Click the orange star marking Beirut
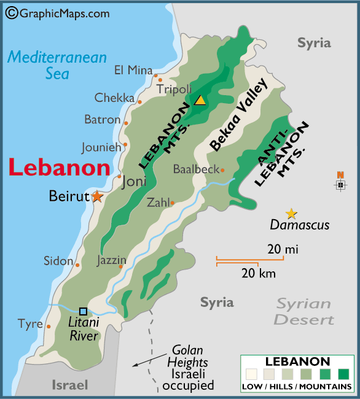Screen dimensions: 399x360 [97, 196]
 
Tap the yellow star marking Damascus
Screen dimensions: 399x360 [291, 214]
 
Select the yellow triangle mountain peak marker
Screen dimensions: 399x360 [200, 100]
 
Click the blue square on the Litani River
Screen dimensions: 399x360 [83, 311]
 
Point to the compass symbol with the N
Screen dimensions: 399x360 [340, 184]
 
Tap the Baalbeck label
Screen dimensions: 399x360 [196, 169]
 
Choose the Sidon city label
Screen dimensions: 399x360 [58, 261]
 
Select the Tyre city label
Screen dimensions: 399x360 [30, 323]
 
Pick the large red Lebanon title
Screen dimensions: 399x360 [60, 168]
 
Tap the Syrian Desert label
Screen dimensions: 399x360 [304, 312]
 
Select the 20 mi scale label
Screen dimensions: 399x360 [283, 249]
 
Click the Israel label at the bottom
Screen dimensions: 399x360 [69, 385]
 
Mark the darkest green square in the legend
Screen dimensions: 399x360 [343, 374]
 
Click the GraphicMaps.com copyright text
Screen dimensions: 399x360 [57, 13]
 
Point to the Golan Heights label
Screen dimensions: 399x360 [190, 356]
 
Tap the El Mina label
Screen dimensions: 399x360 [133, 70]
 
